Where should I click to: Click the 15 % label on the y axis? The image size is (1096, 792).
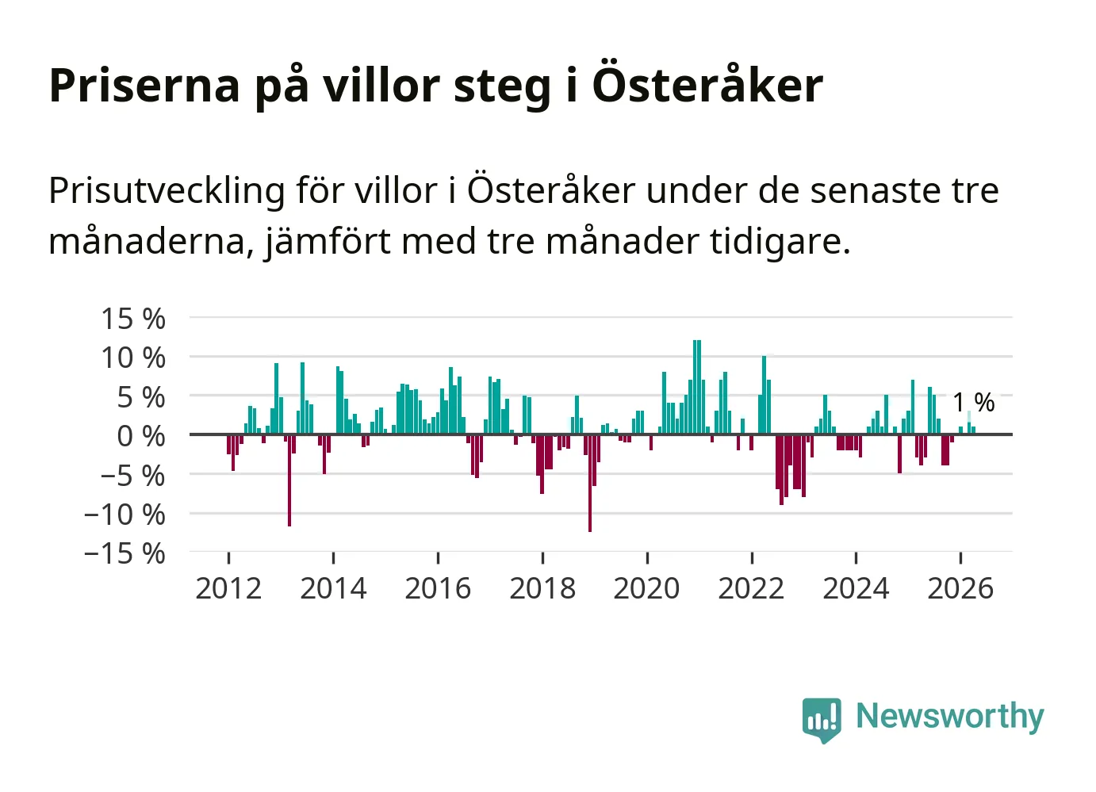tap(133, 319)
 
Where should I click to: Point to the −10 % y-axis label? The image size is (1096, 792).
tap(125, 515)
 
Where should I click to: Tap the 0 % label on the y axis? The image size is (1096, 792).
tap(141, 436)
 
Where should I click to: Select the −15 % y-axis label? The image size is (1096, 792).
tap(125, 553)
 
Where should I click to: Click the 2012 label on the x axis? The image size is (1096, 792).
tap(228, 588)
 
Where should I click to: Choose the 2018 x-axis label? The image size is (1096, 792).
tap(542, 588)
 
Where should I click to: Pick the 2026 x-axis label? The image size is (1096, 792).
tap(960, 588)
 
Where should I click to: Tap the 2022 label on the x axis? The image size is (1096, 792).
tap(751, 588)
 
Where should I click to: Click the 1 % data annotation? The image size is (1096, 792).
tap(974, 403)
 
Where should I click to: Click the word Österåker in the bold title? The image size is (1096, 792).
tap(708, 84)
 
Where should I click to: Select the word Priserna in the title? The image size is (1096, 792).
tap(144, 86)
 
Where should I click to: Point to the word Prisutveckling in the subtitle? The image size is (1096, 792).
tap(167, 192)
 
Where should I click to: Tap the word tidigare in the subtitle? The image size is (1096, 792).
tap(780, 242)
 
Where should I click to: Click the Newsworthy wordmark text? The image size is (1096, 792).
tap(950, 717)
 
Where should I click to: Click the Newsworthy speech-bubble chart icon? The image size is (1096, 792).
tap(822, 720)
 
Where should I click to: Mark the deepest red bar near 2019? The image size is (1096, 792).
tap(590, 483)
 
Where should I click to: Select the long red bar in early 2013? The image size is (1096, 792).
tap(289, 480)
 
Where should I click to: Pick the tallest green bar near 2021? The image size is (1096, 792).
tap(697, 387)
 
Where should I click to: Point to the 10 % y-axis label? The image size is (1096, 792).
tap(133, 358)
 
